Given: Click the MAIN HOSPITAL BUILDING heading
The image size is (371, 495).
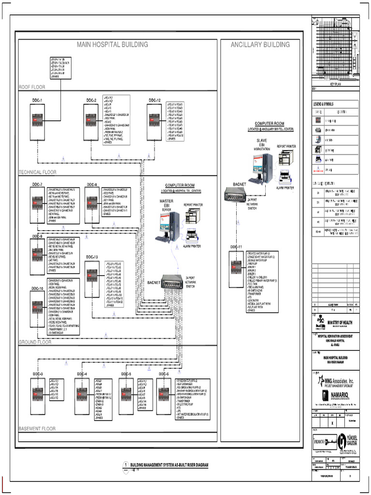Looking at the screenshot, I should [113, 45].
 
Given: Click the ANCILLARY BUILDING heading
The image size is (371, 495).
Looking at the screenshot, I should [260, 45].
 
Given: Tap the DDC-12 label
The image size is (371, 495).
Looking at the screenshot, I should [155, 100].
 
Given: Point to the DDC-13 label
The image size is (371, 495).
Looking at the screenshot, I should [92, 257].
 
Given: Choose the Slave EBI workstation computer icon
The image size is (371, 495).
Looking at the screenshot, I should [259, 168].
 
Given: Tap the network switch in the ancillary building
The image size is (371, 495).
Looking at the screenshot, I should [236, 194].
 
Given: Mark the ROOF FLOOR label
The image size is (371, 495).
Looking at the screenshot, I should [32, 87].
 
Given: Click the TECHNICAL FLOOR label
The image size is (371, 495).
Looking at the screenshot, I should [37, 172].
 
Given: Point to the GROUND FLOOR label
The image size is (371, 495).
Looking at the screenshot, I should [35, 342].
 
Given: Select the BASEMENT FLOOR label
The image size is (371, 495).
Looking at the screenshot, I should [37, 428].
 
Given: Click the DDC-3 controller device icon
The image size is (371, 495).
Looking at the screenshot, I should [38, 391].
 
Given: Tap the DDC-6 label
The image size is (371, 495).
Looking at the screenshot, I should [164, 374].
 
